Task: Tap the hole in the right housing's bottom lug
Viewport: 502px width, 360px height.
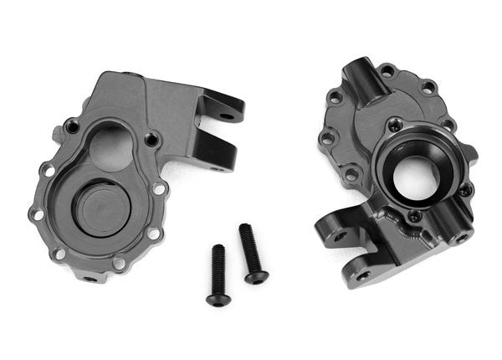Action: click(363, 274)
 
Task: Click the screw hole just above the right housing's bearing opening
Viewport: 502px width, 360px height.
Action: click(394, 126)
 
